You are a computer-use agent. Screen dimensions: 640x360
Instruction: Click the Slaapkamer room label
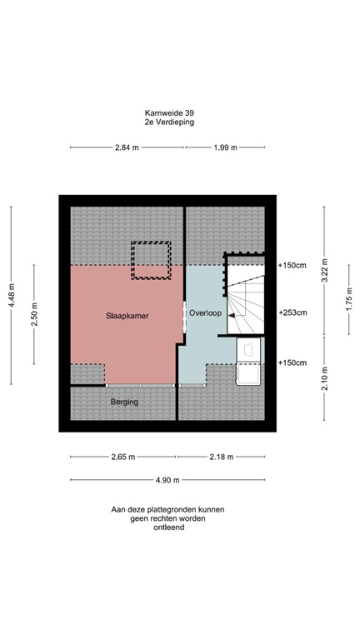point(127,317)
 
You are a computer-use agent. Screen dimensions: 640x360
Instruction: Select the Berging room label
point(124,402)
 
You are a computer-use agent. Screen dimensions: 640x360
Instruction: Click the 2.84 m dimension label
point(127,147)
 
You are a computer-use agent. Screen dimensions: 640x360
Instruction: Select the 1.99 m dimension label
point(225,147)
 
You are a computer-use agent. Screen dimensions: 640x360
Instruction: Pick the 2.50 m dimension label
point(34,316)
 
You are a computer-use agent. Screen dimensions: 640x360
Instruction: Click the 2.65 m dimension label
point(124,457)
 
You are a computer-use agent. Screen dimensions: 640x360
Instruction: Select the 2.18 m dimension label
point(220,457)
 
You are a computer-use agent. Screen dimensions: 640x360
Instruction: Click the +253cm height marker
point(292,312)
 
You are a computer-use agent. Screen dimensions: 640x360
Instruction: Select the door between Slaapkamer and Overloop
point(184,315)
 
